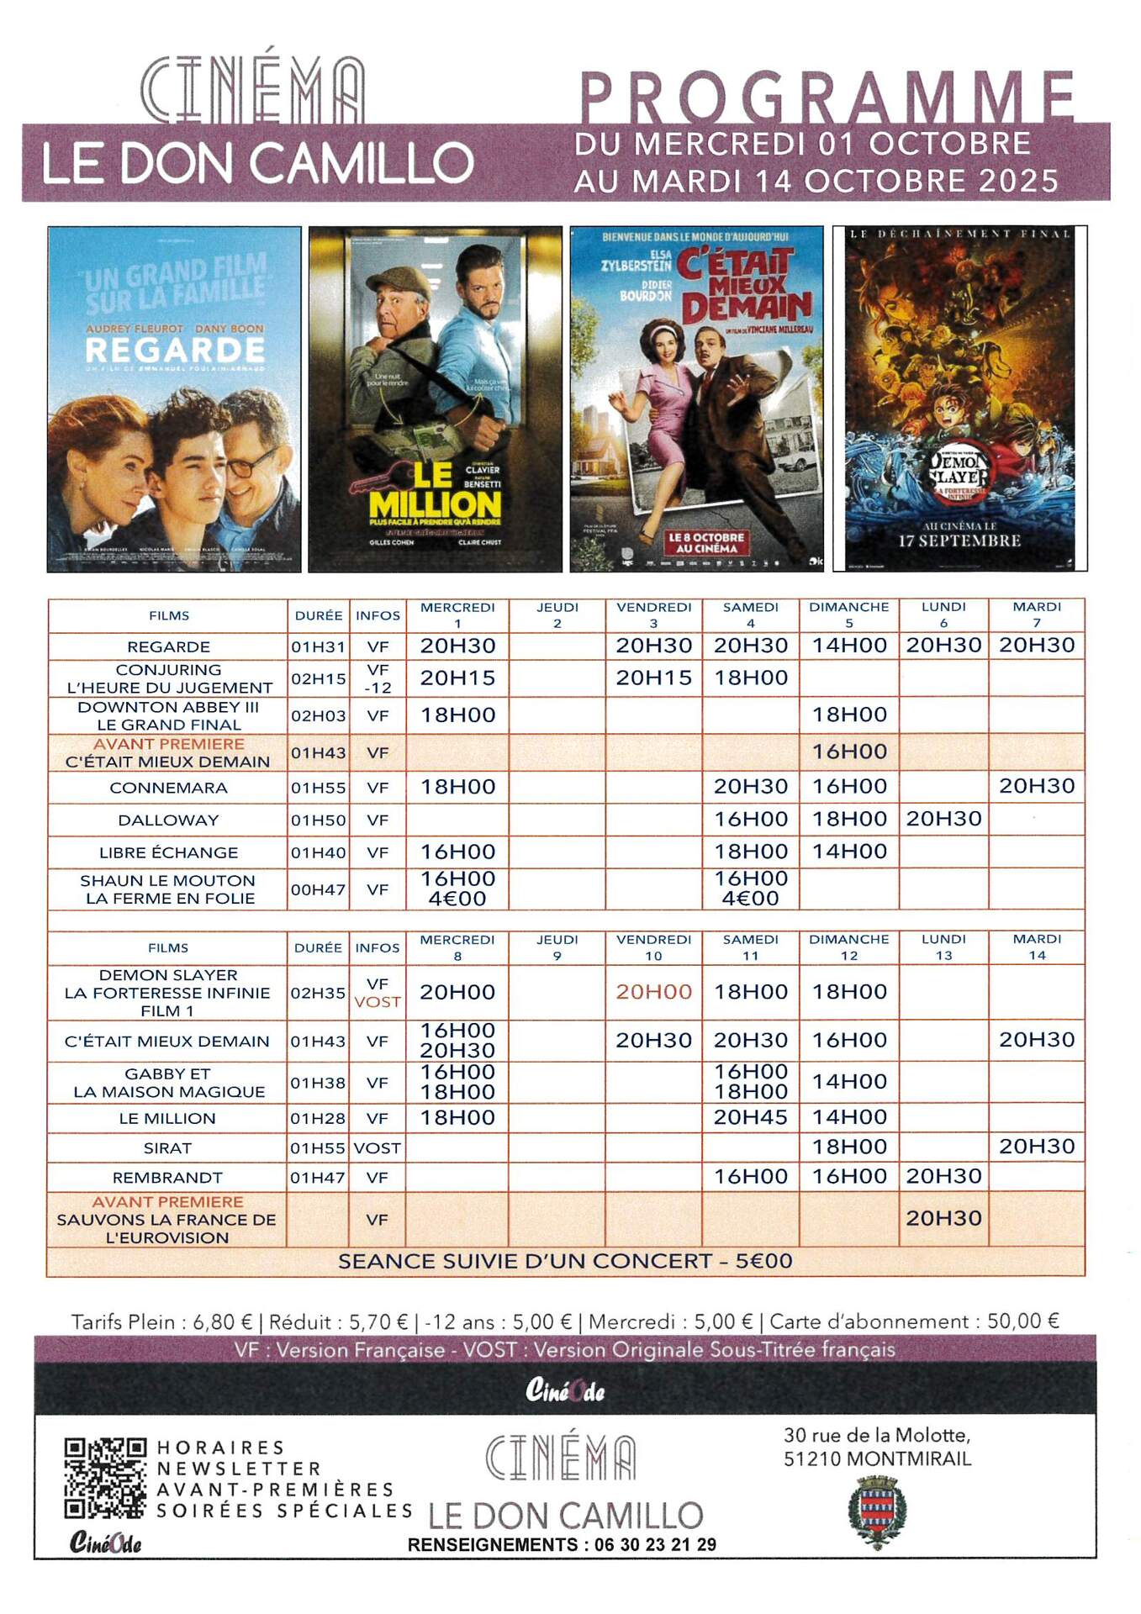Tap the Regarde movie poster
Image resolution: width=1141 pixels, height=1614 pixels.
(x=174, y=399)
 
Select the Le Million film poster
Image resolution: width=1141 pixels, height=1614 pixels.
(x=435, y=399)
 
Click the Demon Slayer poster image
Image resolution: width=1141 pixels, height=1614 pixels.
(x=959, y=399)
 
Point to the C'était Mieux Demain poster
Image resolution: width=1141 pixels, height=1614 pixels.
(x=696, y=399)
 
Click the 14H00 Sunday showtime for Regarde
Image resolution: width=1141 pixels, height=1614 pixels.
(x=849, y=646)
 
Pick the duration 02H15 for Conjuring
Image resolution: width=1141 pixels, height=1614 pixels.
(x=318, y=678)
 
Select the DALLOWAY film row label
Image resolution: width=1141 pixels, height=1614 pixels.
(x=168, y=820)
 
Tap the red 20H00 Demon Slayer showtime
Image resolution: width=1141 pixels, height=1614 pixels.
(x=653, y=992)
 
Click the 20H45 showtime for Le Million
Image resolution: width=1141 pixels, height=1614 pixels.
(x=750, y=1117)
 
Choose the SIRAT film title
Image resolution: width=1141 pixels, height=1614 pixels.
(x=167, y=1147)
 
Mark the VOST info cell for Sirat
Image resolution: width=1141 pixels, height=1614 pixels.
(x=377, y=1147)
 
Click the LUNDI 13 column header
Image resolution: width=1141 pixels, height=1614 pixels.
(x=943, y=947)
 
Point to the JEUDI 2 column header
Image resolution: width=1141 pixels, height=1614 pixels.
(x=557, y=614)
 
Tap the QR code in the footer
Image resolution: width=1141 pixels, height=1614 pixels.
(x=105, y=1478)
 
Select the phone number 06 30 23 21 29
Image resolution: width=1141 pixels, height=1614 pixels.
(x=655, y=1544)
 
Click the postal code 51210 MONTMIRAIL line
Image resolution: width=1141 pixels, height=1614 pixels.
(x=877, y=1458)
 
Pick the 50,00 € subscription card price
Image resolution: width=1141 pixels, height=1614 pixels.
(x=1022, y=1321)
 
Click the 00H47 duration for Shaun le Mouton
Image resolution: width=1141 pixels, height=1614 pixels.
(x=318, y=889)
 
